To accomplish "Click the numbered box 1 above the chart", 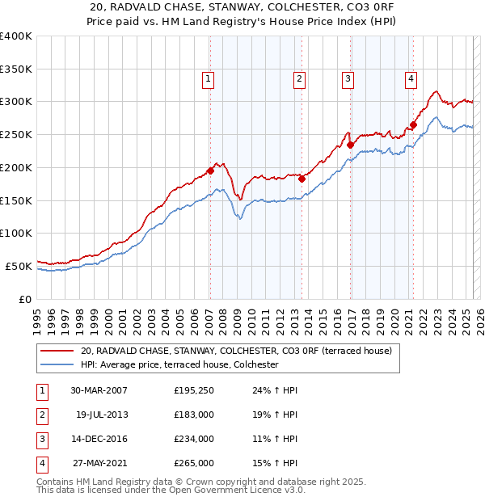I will pyautogui.click(x=209, y=78).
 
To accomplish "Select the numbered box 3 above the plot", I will pyautogui.click(x=348, y=78).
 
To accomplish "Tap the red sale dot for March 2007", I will pyautogui.click(x=210, y=171).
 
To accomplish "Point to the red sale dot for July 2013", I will pyautogui.click(x=302, y=179).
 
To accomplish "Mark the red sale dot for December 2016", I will pyautogui.click(x=351, y=145).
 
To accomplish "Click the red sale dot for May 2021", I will pyautogui.click(x=413, y=124).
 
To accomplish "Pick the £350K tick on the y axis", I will pyautogui.click(x=16, y=69).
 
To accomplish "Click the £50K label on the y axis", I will pyautogui.click(x=19, y=266).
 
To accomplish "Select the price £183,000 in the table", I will pyautogui.click(x=194, y=415).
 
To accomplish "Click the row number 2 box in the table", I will pyautogui.click(x=40, y=415).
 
